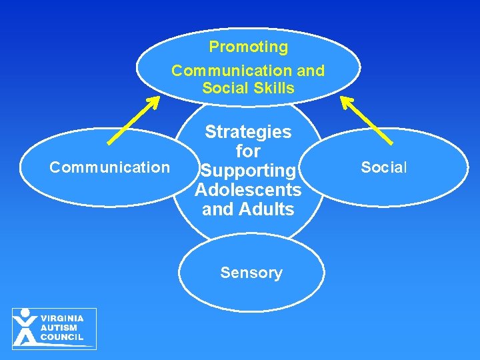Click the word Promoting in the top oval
tap(248, 47)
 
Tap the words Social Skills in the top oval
tap(248, 89)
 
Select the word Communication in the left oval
tap(110, 167)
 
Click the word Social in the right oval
tap(383, 167)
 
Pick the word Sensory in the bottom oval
tap(251, 273)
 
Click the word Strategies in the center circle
tap(248, 132)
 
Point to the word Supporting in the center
tap(248, 171)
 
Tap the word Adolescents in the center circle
tap(248, 190)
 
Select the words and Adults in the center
tap(248, 209)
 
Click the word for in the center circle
tap(248, 151)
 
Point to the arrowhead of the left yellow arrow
tap(154, 101)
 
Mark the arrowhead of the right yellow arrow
tap(346, 101)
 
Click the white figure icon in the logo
tap(25, 327)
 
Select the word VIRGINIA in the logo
tap(61, 318)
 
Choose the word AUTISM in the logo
tap(59, 328)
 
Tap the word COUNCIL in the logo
tap(61, 337)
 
